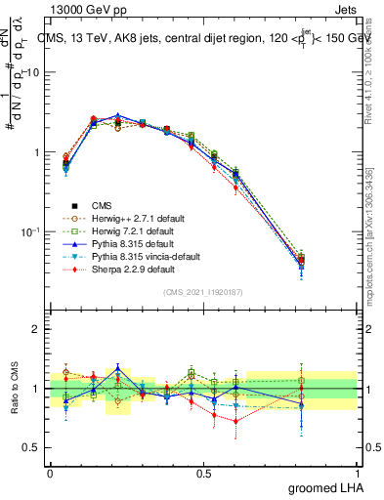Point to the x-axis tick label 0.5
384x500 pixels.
click(203, 473)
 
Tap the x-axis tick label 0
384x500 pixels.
click(50, 473)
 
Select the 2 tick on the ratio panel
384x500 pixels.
click(38, 330)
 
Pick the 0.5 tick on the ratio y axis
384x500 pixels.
click(33, 447)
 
